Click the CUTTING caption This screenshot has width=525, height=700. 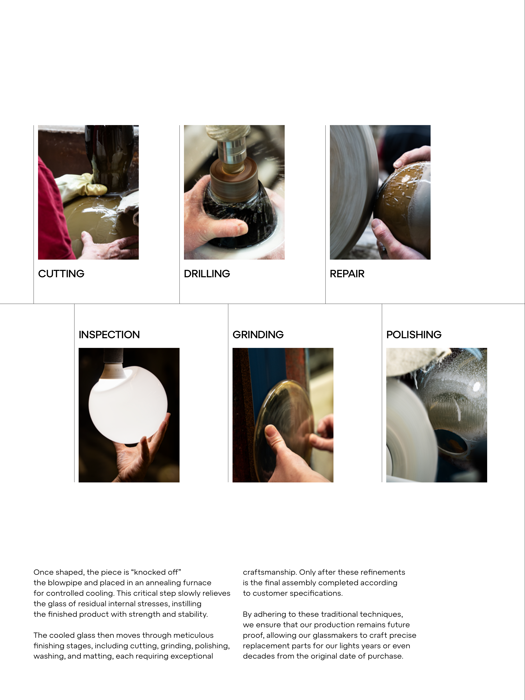pos(61,274)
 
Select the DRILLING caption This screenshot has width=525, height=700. pos(207,274)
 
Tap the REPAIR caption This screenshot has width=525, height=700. pos(347,274)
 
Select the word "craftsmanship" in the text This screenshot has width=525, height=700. pos(270,572)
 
